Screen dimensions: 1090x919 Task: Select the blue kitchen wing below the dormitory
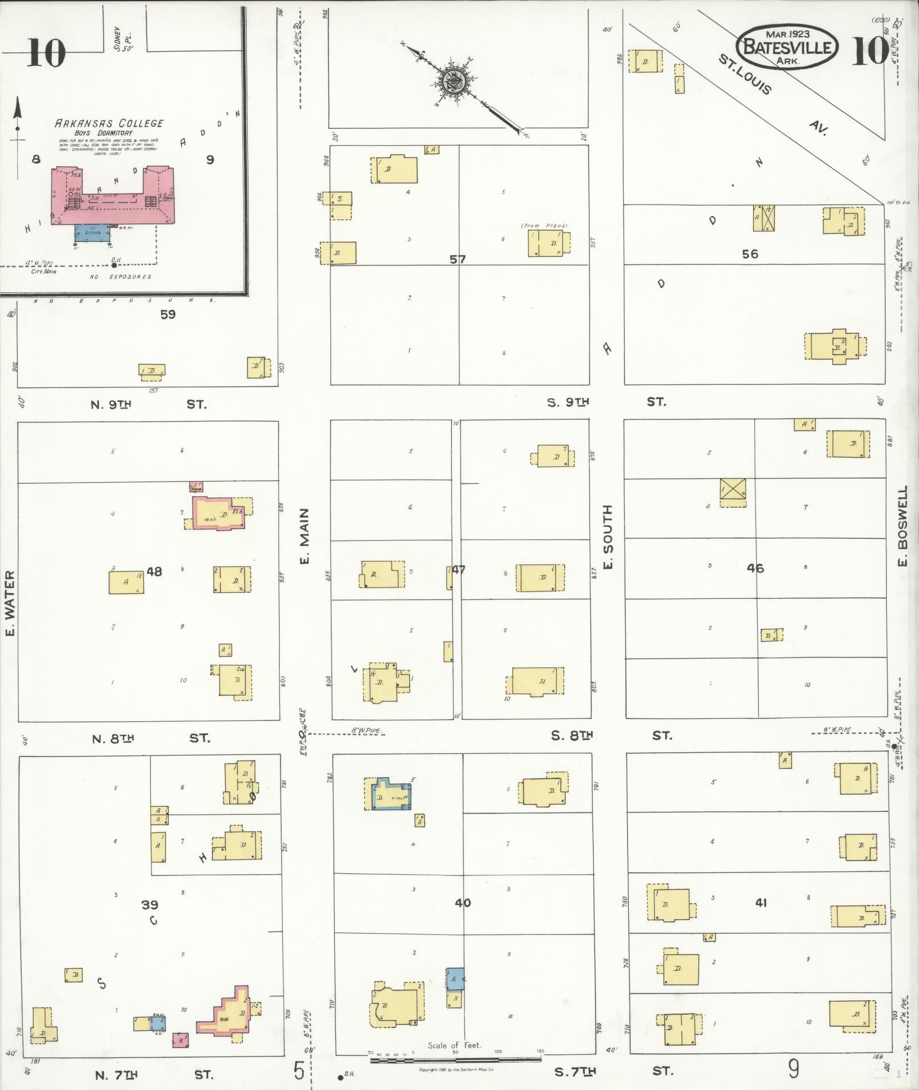[93, 232]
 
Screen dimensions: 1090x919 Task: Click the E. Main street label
[305, 536]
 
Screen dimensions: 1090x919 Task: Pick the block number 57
[458, 259]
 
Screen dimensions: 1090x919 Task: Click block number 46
[755, 568]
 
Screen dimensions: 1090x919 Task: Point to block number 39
[150, 904]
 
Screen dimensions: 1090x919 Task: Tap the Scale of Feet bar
[456, 1059]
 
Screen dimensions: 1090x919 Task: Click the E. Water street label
[10, 602]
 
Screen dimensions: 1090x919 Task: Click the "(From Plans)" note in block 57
[544, 226]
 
